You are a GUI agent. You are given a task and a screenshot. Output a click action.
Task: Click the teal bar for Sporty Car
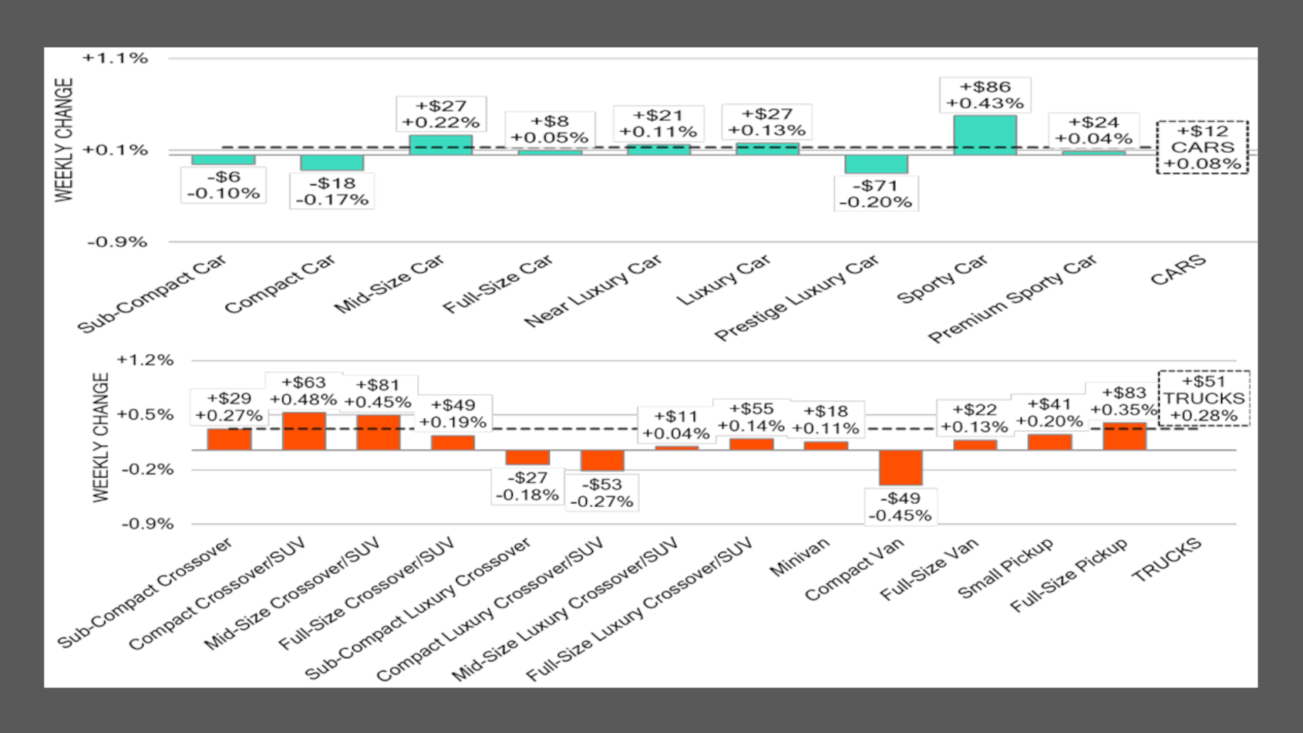(x=985, y=134)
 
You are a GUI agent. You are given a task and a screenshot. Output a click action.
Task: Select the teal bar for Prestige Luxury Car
(x=876, y=164)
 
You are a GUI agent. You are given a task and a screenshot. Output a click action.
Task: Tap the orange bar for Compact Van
(x=901, y=468)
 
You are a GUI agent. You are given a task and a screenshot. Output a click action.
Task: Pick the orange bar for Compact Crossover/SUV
(x=304, y=431)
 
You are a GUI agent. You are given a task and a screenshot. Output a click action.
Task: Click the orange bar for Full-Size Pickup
(x=1124, y=436)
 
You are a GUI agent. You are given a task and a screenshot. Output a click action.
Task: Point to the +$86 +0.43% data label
(x=985, y=95)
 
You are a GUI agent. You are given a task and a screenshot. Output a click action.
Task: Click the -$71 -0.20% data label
(x=876, y=194)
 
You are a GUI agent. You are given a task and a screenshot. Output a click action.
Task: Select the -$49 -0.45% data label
(x=901, y=507)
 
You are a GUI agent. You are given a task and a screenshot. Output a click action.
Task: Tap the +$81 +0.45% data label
(x=378, y=394)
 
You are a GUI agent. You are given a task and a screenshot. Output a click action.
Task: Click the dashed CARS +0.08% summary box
(x=1202, y=147)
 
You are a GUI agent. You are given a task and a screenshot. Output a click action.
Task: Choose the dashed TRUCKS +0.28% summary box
(x=1204, y=398)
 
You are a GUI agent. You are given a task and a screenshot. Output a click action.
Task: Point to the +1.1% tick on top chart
(x=116, y=59)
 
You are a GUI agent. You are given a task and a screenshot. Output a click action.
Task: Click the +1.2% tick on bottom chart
(x=145, y=360)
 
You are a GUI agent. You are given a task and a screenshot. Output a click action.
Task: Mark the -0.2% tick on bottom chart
(x=147, y=469)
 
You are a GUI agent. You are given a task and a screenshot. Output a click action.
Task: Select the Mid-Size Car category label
(x=390, y=284)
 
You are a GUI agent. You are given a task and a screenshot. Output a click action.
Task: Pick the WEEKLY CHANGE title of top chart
(x=64, y=140)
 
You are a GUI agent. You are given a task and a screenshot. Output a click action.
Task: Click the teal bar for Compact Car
(x=332, y=163)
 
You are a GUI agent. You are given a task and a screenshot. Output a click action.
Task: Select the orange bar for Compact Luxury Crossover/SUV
(x=602, y=460)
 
